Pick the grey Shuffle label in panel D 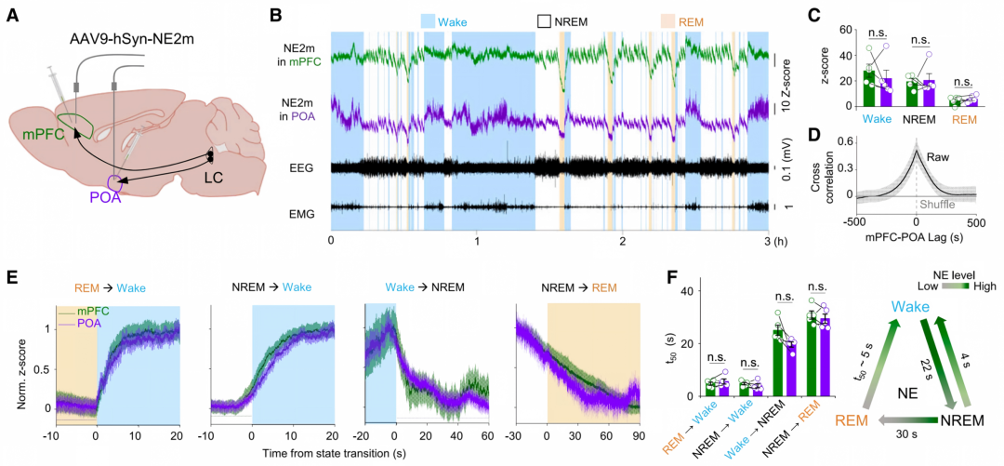[x=940, y=205]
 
